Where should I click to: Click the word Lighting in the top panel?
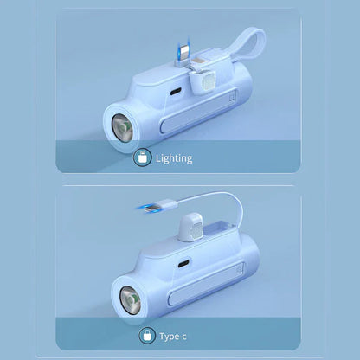tap(174, 158)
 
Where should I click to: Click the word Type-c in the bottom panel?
tap(173, 337)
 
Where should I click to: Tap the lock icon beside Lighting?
tap(143, 157)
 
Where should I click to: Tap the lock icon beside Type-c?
tap(148, 336)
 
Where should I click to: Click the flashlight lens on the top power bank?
tap(122, 127)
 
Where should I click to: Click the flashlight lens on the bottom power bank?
tap(131, 300)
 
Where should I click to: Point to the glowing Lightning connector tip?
tap(183, 48)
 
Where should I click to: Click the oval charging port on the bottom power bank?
tap(183, 263)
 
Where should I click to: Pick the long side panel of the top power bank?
tap(198, 111)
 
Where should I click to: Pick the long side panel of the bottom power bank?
tap(207, 284)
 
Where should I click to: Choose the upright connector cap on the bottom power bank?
tap(190, 228)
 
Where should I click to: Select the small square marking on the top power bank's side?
tap(231, 98)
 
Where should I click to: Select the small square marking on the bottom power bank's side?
tap(239, 270)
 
